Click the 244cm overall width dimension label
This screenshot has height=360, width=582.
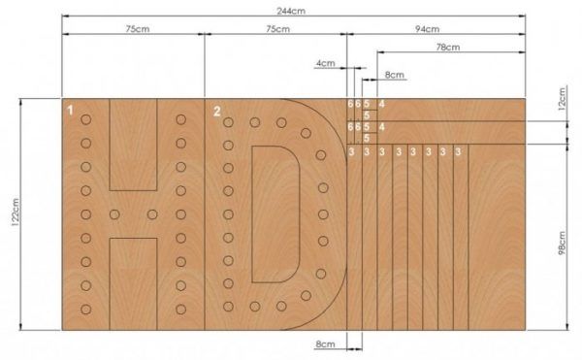[x=291, y=11]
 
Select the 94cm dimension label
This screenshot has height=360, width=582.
[x=427, y=29]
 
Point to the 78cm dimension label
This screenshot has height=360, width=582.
[x=448, y=48]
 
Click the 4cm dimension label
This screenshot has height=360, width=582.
[x=326, y=63]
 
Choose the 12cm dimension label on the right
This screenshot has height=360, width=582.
[x=562, y=98]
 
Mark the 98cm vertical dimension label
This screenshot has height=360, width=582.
[x=562, y=244]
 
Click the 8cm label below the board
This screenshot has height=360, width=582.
[x=326, y=344]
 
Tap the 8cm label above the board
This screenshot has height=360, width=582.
[x=394, y=75]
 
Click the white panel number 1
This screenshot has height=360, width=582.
[x=70, y=111]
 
